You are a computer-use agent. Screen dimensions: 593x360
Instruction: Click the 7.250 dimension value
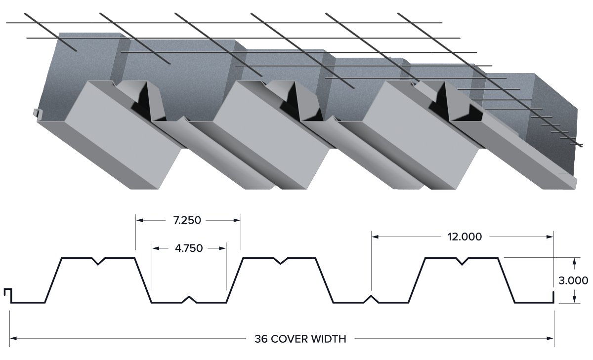(x=187, y=220)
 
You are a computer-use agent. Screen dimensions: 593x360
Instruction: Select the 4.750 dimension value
(x=189, y=248)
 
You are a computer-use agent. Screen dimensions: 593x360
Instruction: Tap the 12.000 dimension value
(x=465, y=237)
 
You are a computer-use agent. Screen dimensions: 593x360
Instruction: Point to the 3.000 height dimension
(x=573, y=280)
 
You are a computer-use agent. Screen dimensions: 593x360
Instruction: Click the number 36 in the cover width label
(x=261, y=339)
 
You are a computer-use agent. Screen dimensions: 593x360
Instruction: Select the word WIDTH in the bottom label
(x=328, y=339)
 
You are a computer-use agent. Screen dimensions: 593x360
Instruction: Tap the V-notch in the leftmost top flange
(x=98, y=261)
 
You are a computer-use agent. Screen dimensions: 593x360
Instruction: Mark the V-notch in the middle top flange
(x=281, y=261)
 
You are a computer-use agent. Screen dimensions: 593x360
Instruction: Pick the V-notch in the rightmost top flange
(x=462, y=261)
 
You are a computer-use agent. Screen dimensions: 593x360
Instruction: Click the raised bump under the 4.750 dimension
(x=189, y=299)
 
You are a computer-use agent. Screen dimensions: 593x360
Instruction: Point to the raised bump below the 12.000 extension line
(x=371, y=299)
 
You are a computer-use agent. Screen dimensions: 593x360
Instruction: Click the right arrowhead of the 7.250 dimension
(x=237, y=220)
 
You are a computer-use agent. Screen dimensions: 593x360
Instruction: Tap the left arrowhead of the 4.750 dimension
(x=156, y=248)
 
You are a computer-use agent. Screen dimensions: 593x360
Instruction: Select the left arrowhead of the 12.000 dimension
(x=375, y=237)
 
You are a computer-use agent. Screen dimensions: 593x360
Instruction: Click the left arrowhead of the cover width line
(x=13, y=338)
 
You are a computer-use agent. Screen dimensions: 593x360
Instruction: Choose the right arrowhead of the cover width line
(x=550, y=338)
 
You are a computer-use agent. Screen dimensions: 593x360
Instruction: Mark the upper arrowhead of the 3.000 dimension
(x=574, y=261)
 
